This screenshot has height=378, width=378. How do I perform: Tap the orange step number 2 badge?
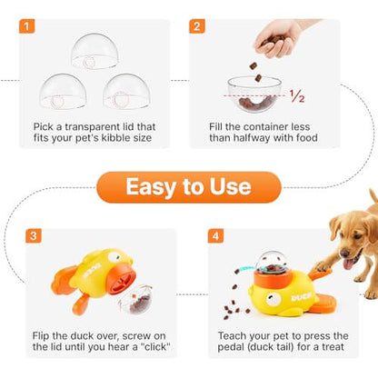pyautogui.click(x=197, y=25)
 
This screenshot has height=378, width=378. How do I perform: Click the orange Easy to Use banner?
pyautogui.click(x=188, y=187)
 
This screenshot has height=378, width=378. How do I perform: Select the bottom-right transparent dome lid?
pyautogui.click(x=126, y=91)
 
